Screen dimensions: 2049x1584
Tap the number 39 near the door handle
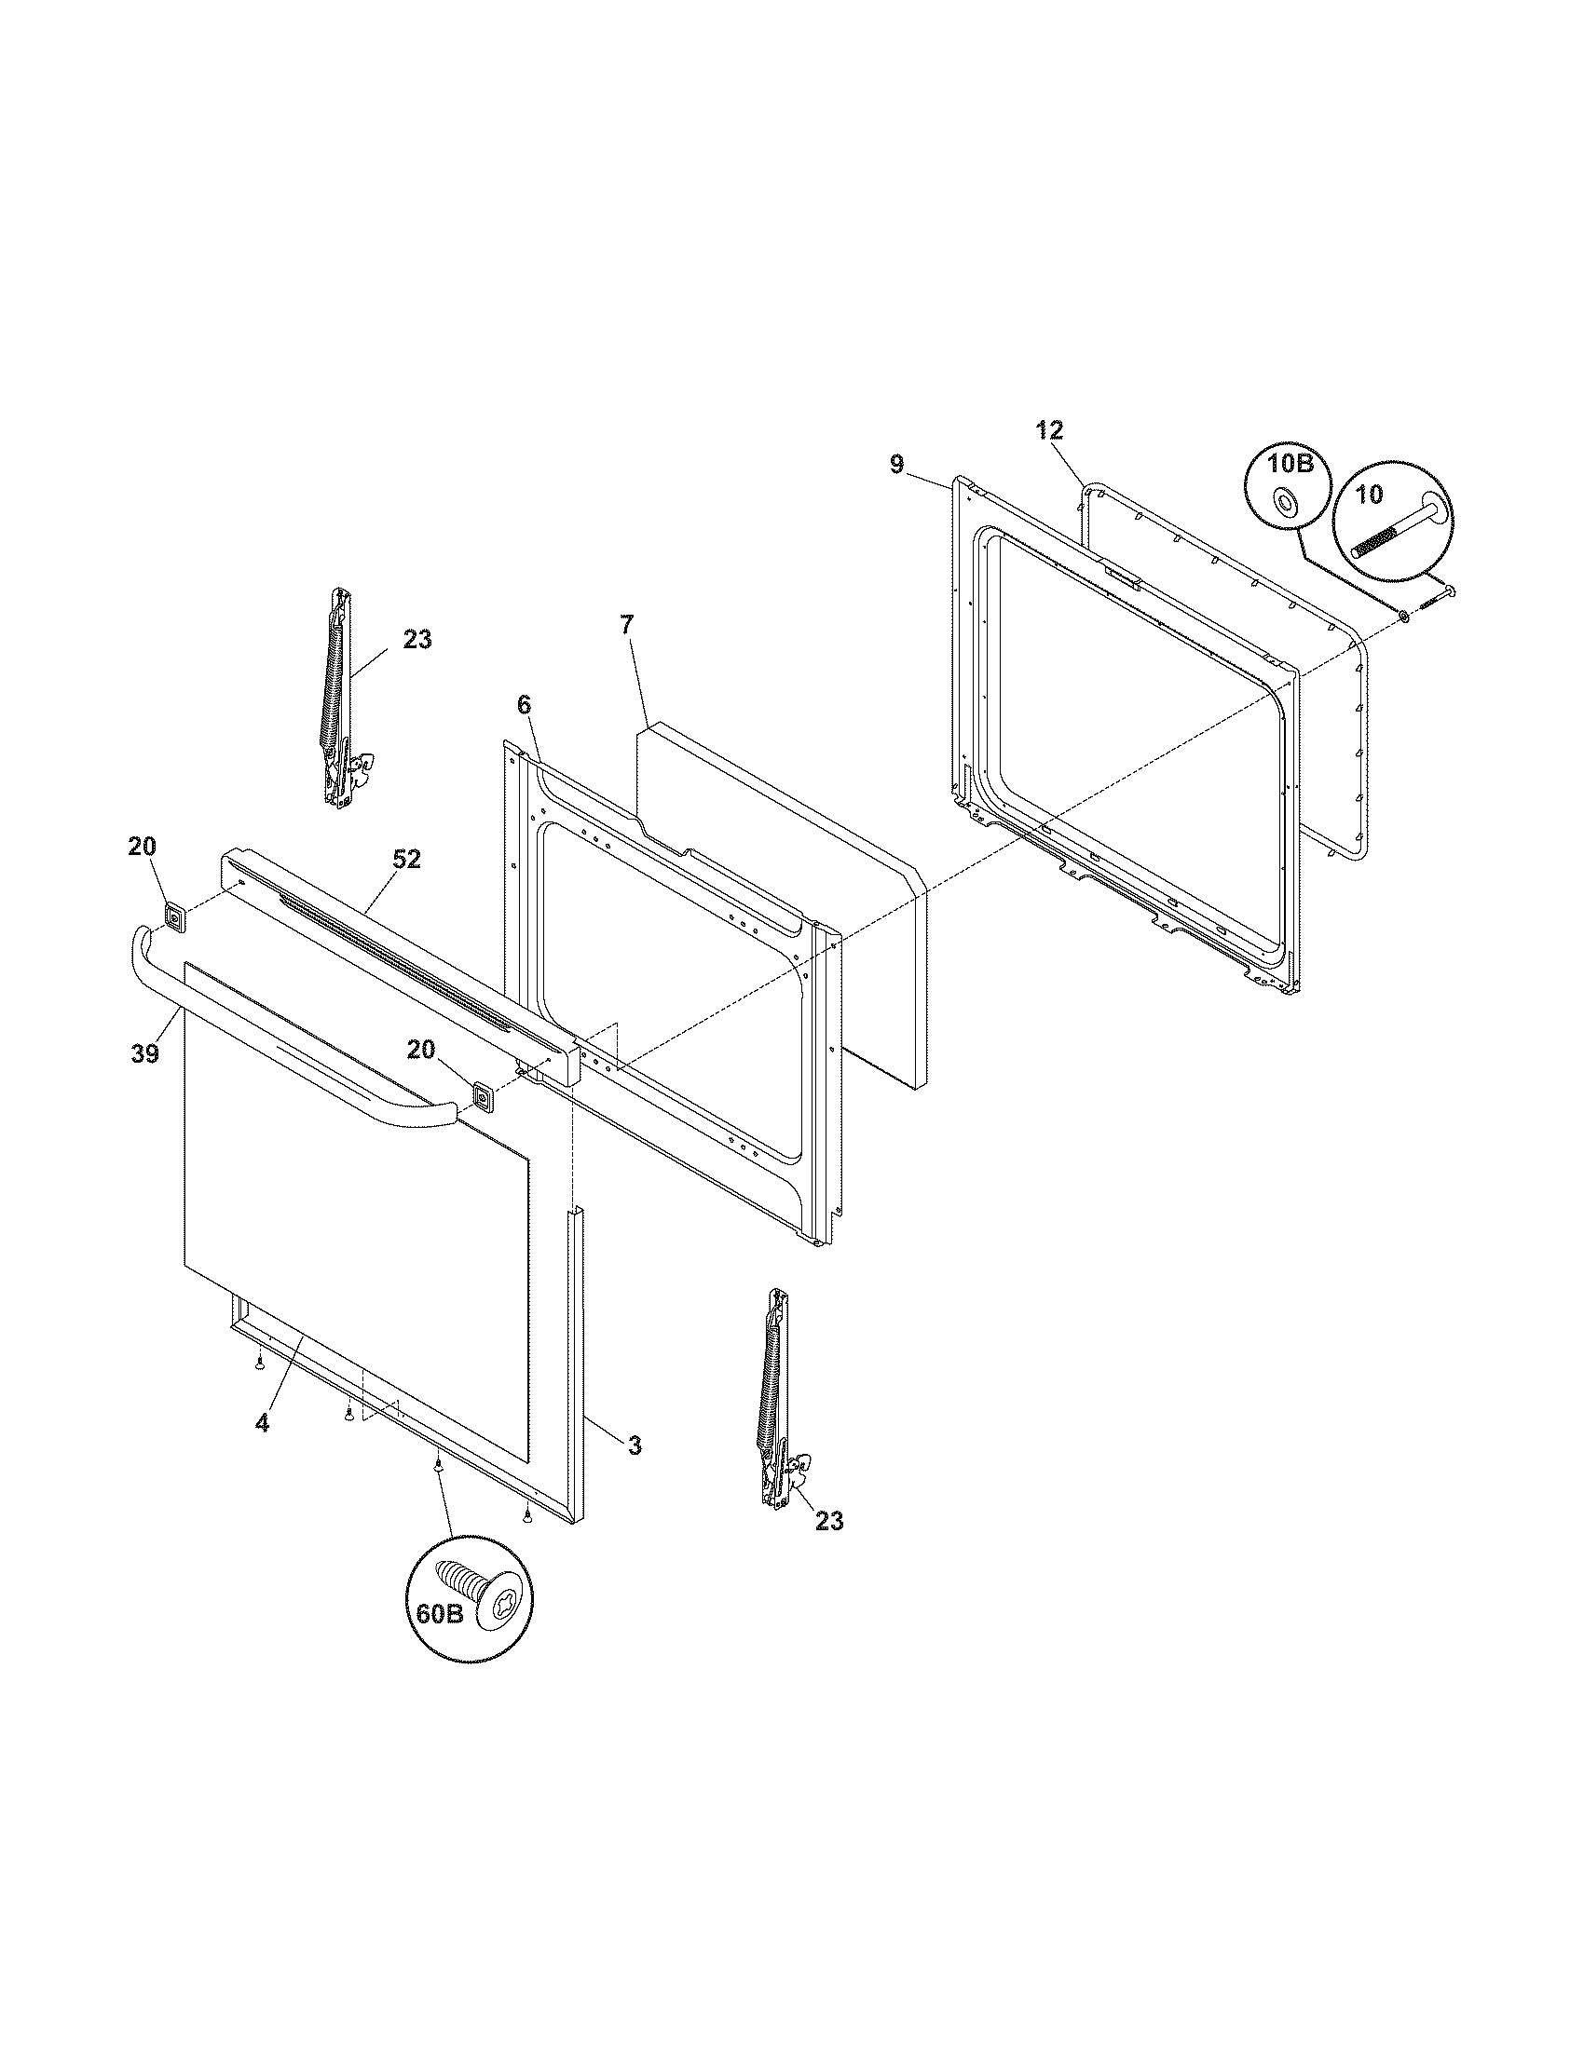(145, 1052)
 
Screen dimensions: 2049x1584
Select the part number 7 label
(627, 624)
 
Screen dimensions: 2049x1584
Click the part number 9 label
(896, 465)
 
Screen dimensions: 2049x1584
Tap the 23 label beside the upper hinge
(417, 640)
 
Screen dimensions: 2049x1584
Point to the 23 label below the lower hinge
(828, 1521)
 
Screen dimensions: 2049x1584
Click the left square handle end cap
(174, 915)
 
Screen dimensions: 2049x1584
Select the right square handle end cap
(484, 1096)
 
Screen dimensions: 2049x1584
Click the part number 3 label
(635, 1446)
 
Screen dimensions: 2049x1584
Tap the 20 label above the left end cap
(143, 847)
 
